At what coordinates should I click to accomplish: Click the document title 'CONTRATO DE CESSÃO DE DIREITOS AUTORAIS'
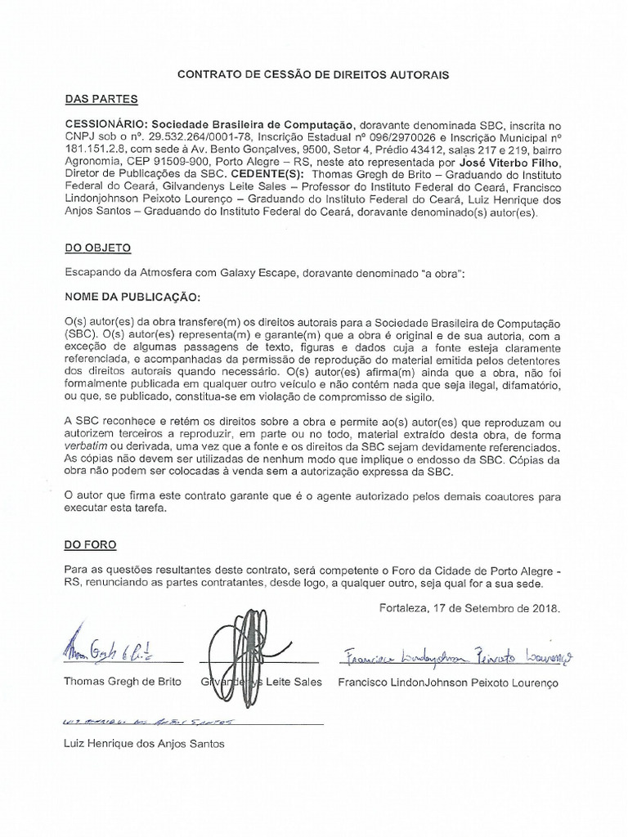tap(314, 74)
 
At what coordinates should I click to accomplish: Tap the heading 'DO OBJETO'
tap(97, 247)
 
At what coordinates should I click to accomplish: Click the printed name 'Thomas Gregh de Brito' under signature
tap(123, 682)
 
